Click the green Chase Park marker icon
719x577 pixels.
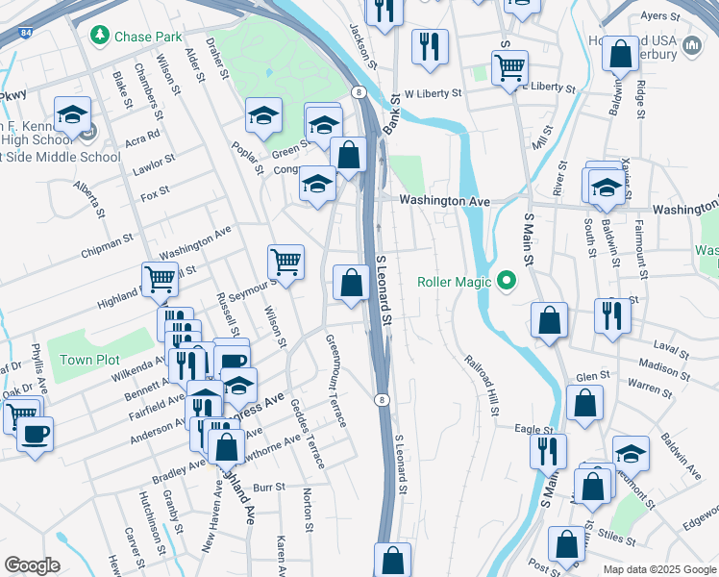pyautogui.click(x=99, y=36)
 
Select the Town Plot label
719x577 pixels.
pyautogui.click(x=89, y=360)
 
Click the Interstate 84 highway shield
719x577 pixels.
pyautogui.click(x=23, y=32)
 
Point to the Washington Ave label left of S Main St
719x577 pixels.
pyautogui.click(x=444, y=201)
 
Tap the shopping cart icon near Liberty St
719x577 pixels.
pyautogui.click(x=508, y=66)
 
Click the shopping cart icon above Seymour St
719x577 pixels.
pyautogui.click(x=285, y=260)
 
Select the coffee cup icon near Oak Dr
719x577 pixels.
pyautogui.click(x=36, y=432)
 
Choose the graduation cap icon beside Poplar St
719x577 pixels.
pyautogui.click(x=263, y=115)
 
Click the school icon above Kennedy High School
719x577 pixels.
pyautogui.click(x=72, y=114)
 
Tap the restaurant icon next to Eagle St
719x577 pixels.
pyautogui.click(x=548, y=449)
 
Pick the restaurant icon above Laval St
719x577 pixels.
pyautogui.click(x=612, y=314)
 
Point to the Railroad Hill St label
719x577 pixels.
pyautogui.click(x=480, y=384)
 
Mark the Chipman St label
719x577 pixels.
pyautogui.click(x=107, y=244)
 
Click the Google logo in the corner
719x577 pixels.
pyautogui.click(x=32, y=565)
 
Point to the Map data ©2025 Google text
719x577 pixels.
pyautogui.click(x=658, y=569)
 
